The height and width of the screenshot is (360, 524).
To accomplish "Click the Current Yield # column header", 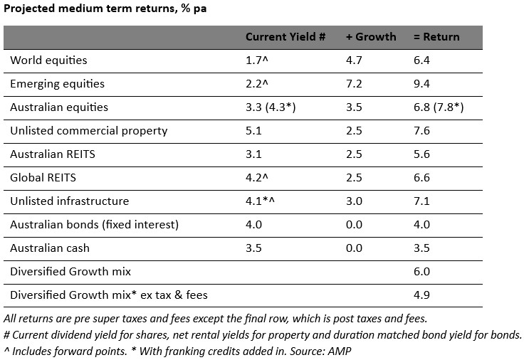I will click(x=285, y=37).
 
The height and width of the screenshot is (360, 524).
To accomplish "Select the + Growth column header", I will click(x=371, y=37).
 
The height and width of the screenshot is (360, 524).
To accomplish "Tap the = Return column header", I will click(x=436, y=37).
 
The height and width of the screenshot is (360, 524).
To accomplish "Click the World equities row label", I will click(x=47, y=60).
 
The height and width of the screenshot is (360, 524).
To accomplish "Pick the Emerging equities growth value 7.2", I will click(x=354, y=84).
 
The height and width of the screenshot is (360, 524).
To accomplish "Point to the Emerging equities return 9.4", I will click(x=421, y=84).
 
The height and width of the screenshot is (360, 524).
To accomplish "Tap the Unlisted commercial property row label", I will click(x=88, y=131).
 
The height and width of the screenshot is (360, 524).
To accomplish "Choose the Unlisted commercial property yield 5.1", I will click(x=253, y=131).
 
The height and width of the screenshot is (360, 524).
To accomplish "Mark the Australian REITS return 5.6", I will click(x=421, y=154).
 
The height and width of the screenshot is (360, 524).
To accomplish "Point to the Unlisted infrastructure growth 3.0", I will click(x=354, y=201).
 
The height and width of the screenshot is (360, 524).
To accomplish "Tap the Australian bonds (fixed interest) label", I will click(x=94, y=225).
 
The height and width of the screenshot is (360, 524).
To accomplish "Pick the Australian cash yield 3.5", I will click(x=253, y=248).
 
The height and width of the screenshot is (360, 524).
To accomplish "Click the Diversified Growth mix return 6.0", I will click(x=421, y=272).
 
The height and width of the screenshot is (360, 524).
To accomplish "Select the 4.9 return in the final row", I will click(x=421, y=295).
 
